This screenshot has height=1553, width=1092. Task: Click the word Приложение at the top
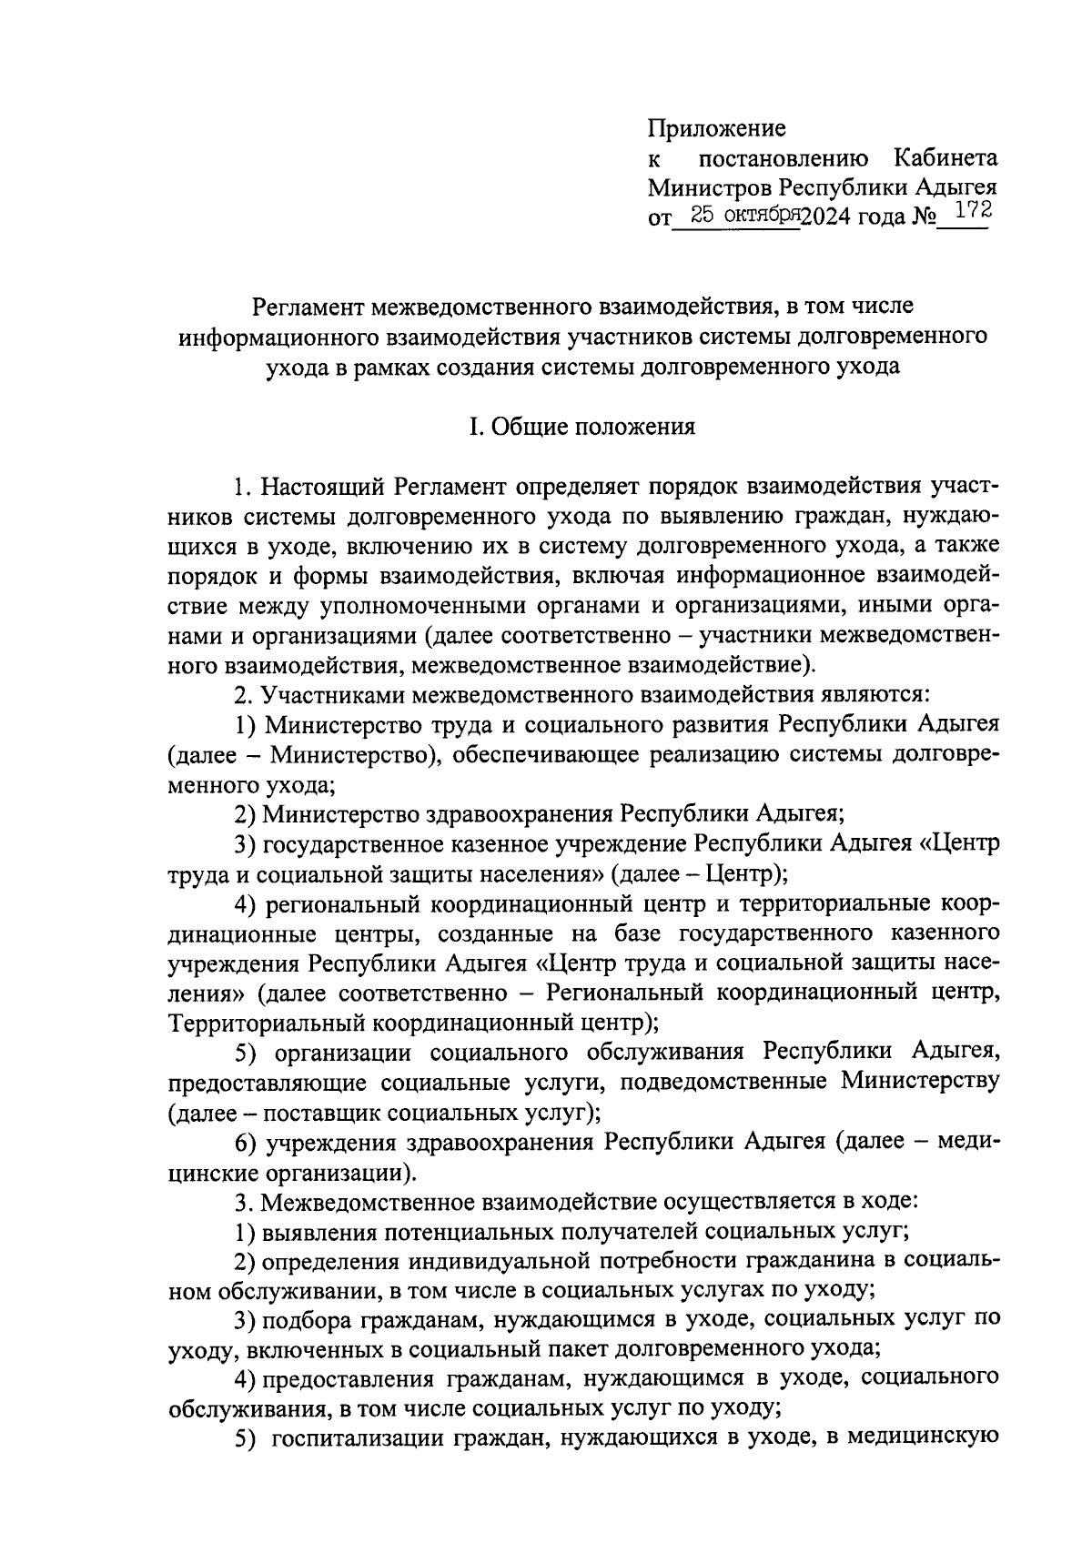716,128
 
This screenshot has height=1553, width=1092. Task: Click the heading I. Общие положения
582,426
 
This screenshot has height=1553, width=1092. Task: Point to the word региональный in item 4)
342,903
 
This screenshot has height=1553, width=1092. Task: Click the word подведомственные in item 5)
722,1082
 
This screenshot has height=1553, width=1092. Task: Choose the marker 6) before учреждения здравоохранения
243,1142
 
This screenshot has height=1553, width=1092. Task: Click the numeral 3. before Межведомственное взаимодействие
243,1202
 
